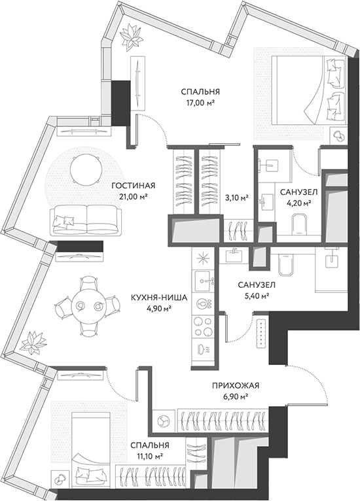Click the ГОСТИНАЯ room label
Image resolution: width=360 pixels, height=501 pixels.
coord(134,186)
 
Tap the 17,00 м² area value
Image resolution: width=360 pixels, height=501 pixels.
coord(200,103)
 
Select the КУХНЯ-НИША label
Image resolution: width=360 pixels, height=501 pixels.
coord(159,298)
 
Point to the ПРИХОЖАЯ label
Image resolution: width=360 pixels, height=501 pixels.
coord(236,386)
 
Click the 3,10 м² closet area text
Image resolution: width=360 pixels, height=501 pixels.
coord(237,198)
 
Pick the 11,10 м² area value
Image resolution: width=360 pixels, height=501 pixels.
coord(150,455)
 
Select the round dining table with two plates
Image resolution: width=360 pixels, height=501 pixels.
coord(88,306)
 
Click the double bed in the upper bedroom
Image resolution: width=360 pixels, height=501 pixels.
coord(308,90)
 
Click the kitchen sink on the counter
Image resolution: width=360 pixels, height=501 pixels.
coord(204,280)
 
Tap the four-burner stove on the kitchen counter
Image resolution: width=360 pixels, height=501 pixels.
coord(203,326)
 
